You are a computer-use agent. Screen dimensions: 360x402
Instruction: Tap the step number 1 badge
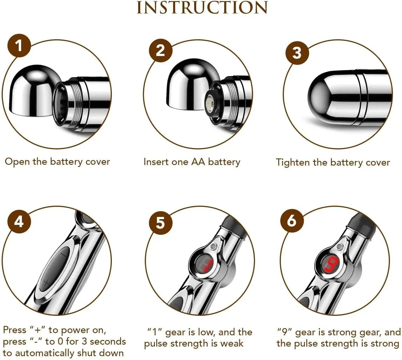pos(19,45)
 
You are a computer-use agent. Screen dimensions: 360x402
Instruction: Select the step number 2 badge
pos(160,51)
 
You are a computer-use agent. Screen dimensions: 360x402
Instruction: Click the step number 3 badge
pos(297,53)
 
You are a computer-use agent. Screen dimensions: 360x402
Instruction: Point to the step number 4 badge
pos(19,221)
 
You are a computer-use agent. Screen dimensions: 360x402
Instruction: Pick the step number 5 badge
pos(160,222)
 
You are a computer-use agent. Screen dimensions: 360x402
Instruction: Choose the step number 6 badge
pos(292,221)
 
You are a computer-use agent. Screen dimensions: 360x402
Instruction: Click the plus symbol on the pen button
pos(46,282)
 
